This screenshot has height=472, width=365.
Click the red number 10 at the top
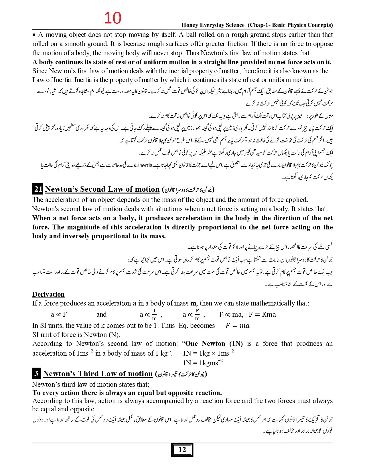click(x=113, y=18)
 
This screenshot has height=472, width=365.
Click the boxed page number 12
click(x=182, y=450)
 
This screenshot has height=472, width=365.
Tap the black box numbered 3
click(x=36, y=374)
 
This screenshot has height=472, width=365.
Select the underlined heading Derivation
click(x=48, y=294)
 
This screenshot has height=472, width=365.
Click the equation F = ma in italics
click(x=237, y=326)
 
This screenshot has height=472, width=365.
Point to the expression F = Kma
click(x=262, y=314)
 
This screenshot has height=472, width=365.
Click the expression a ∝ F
click(x=59, y=314)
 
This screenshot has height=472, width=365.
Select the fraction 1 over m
click(x=154, y=315)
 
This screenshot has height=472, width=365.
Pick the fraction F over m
click(x=197, y=315)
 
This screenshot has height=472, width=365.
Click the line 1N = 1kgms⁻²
click(x=203, y=363)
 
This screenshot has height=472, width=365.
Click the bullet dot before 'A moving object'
click(x=34, y=35)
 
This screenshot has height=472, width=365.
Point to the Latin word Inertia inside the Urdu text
click(x=145, y=165)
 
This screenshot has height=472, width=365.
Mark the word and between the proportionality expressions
click(x=101, y=314)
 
